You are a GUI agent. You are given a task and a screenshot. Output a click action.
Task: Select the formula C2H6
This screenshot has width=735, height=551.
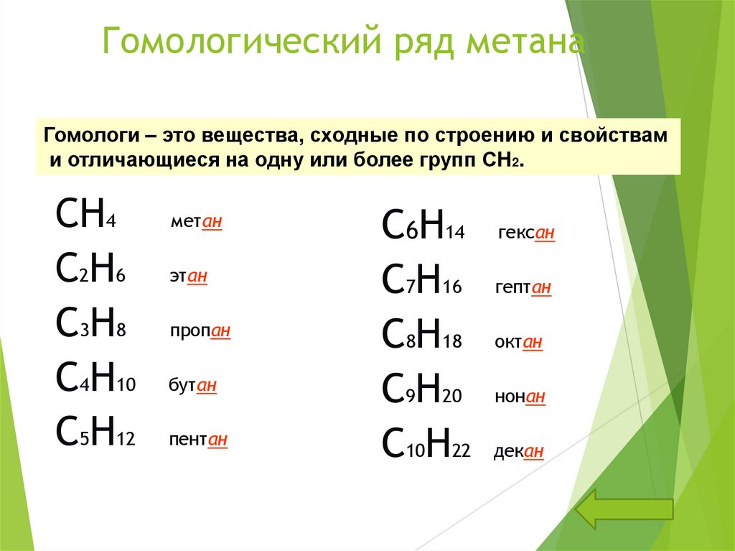(90, 270)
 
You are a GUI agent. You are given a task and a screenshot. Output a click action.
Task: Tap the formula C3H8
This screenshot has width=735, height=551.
(90, 325)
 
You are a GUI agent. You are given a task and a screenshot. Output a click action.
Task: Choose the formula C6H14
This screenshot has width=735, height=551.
(423, 227)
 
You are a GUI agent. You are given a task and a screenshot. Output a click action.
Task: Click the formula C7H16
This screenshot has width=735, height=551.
(423, 282)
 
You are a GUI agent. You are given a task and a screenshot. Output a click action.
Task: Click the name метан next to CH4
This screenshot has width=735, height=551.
(196, 223)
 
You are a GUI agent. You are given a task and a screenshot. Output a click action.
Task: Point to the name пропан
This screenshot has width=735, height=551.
(200, 331)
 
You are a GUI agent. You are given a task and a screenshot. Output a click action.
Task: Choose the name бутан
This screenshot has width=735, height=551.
(192, 386)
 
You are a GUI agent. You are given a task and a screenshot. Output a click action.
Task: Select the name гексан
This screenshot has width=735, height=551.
(525, 233)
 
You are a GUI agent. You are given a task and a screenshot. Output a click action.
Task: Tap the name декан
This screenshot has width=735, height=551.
(518, 452)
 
